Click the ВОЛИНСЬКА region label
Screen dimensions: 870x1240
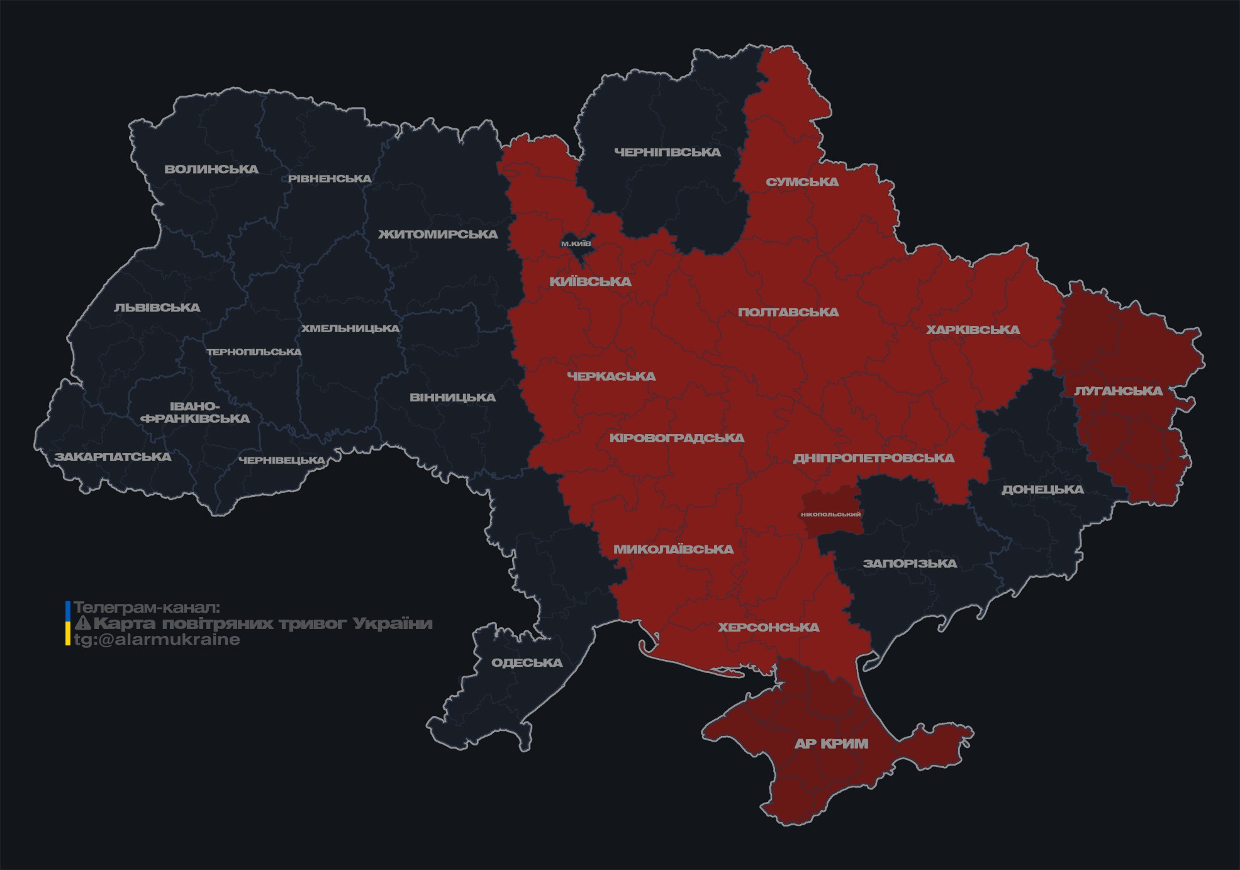(211, 169)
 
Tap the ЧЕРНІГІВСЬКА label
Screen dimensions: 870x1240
(667, 152)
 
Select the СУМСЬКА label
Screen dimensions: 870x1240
(802, 182)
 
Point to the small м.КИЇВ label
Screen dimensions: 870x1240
(576, 243)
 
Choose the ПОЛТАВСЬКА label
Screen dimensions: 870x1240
(788, 313)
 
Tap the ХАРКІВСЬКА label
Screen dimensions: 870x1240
(973, 330)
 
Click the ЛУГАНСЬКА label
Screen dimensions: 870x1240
(1118, 391)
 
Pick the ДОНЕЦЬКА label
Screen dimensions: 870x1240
(1042, 489)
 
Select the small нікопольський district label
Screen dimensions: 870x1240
(830, 515)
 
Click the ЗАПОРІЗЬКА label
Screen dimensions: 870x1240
(910, 564)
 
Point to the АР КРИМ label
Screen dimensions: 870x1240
(831, 744)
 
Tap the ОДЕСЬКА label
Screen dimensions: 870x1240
(527, 663)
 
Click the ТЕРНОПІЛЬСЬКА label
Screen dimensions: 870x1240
(254, 352)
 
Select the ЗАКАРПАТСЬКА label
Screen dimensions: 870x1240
(113, 457)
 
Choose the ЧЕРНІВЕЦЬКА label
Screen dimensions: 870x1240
(282, 460)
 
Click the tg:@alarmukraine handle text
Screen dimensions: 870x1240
(157, 640)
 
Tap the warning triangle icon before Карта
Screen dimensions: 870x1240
(82, 623)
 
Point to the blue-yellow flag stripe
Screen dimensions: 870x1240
(68, 623)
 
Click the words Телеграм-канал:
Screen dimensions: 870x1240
(147, 608)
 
